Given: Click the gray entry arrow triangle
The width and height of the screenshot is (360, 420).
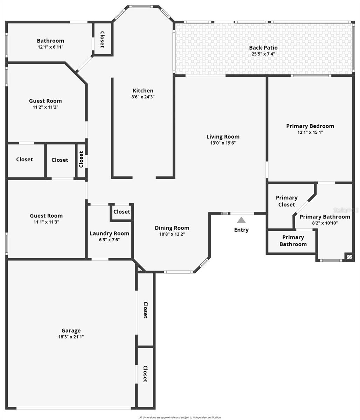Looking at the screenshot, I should (x=241, y=220).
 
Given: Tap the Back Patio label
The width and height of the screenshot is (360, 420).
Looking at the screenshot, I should (x=263, y=48).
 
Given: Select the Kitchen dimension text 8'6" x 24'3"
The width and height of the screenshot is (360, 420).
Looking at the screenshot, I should (x=143, y=97).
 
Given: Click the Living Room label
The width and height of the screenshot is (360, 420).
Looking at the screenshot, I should (x=223, y=136).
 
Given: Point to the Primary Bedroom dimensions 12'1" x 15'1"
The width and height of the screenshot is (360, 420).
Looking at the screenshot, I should (x=310, y=132).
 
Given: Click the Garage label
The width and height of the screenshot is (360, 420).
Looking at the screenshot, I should (x=71, y=330).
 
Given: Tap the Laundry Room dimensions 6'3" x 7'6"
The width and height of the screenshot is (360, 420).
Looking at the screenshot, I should (x=109, y=240).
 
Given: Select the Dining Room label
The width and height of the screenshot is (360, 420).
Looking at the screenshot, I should (x=172, y=228).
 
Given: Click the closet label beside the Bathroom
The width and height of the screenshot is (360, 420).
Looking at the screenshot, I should (x=102, y=40).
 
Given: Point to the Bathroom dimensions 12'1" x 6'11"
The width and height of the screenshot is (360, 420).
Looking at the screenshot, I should (x=50, y=47).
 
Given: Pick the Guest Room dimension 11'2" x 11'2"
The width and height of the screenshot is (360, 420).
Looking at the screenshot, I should (x=45, y=107).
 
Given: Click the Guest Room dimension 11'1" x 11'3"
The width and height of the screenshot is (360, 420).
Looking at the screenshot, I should (x=46, y=222).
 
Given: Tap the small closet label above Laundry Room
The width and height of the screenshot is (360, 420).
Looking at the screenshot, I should (x=122, y=212).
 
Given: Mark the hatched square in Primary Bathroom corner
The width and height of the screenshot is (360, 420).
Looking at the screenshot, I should (x=349, y=257).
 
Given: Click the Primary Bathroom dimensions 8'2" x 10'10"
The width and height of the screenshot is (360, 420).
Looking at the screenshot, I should (x=325, y=223).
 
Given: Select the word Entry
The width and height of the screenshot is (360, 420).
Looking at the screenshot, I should (x=241, y=230).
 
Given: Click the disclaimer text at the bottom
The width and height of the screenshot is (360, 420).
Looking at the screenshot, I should (x=180, y=417).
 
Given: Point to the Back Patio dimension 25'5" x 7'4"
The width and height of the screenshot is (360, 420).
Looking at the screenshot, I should (x=263, y=54).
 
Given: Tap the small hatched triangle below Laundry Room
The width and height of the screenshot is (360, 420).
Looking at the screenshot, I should (x=140, y=269).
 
